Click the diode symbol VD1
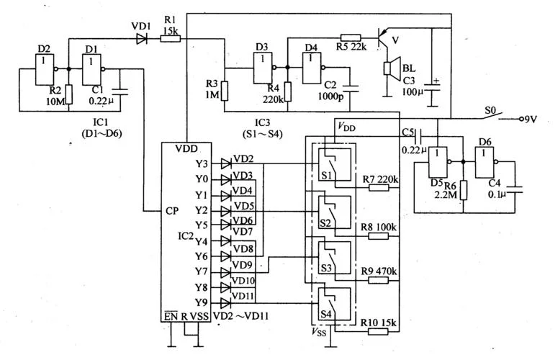(x=142, y=38)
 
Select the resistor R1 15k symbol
(x=170, y=38)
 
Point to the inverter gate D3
(x=264, y=68)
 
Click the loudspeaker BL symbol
(x=392, y=68)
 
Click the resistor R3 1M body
(x=225, y=91)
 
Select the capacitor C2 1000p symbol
(x=350, y=89)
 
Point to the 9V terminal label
(x=530, y=120)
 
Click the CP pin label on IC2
(x=172, y=211)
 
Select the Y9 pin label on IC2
(x=202, y=302)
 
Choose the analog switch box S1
(x=335, y=165)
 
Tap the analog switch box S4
(x=335, y=303)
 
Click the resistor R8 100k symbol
(x=378, y=236)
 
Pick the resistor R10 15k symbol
(x=378, y=331)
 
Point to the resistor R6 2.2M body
(x=464, y=190)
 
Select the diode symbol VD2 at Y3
(x=226, y=163)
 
